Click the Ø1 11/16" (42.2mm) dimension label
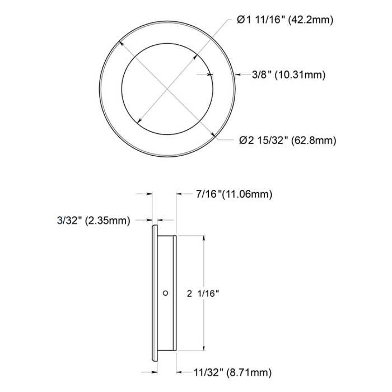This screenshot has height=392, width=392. click(x=285, y=20)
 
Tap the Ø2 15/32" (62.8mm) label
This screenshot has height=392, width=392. click(x=287, y=140)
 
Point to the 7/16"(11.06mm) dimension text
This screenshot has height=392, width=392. click(x=234, y=194)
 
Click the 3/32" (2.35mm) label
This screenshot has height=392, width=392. click(x=94, y=221)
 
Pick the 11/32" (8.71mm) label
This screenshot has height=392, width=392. click(x=235, y=371)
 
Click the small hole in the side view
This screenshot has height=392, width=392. click(x=166, y=292)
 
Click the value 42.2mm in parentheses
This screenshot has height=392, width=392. click(x=310, y=20)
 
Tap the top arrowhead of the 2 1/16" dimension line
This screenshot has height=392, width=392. click(x=204, y=239)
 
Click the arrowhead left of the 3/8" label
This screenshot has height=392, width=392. click(x=236, y=74)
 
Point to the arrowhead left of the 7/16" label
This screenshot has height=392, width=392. click(x=180, y=194)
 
